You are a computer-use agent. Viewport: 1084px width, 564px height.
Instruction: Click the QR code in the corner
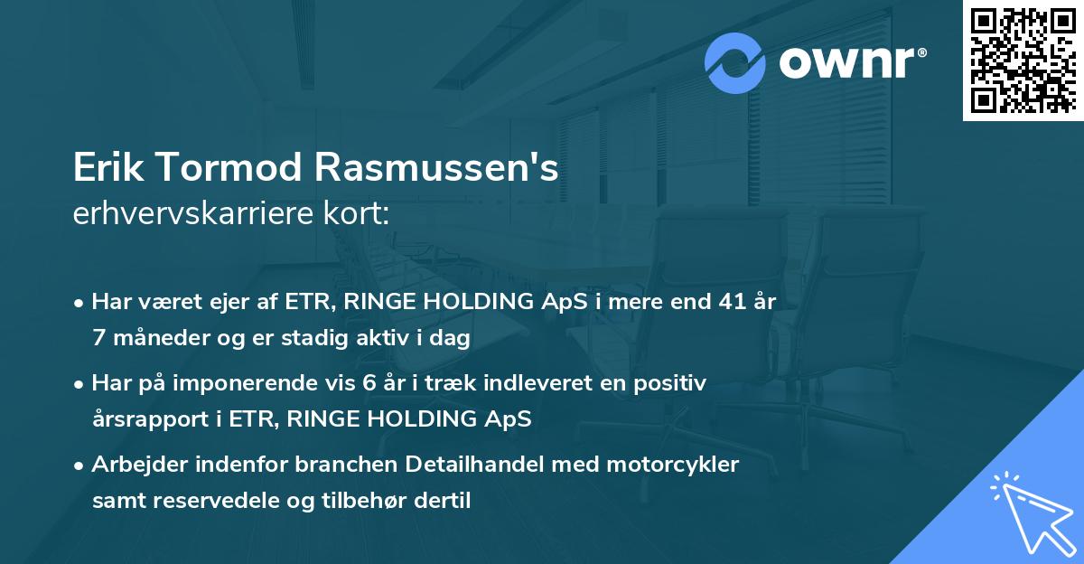pos(1023,60)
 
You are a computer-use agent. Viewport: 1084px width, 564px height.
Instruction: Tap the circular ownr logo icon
pos(735,62)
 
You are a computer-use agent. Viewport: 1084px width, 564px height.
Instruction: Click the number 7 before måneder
pos(98,339)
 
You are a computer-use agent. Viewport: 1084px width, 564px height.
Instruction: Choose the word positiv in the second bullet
pos(671,383)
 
